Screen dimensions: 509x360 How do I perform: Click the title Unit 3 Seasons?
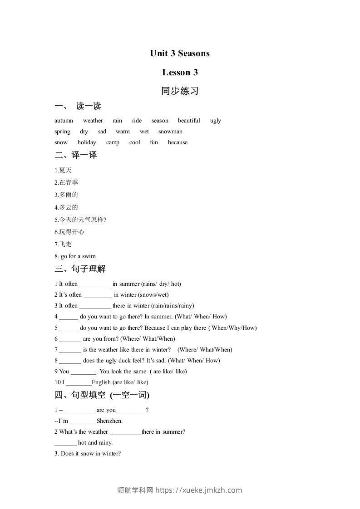(180, 54)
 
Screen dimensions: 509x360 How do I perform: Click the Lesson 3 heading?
(180, 73)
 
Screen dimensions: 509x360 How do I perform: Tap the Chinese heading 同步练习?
(180, 91)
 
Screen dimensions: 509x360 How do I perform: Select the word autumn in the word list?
(64, 121)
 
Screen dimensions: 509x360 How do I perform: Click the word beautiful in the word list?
(189, 121)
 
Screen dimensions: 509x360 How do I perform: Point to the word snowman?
(170, 132)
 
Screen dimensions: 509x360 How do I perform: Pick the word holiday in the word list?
(87, 142)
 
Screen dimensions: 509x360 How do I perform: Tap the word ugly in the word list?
(216, 121)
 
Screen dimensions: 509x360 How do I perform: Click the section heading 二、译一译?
(76, 155)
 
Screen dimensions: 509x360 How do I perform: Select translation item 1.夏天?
(63, 171)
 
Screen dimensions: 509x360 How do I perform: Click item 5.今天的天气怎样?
(80, 220)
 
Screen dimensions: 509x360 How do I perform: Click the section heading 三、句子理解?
(80, 269)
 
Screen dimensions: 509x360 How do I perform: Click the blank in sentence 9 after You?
(84, 372)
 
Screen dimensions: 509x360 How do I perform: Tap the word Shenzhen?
(109, 421)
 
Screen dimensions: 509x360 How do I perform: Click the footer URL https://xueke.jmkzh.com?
(199, 490)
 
